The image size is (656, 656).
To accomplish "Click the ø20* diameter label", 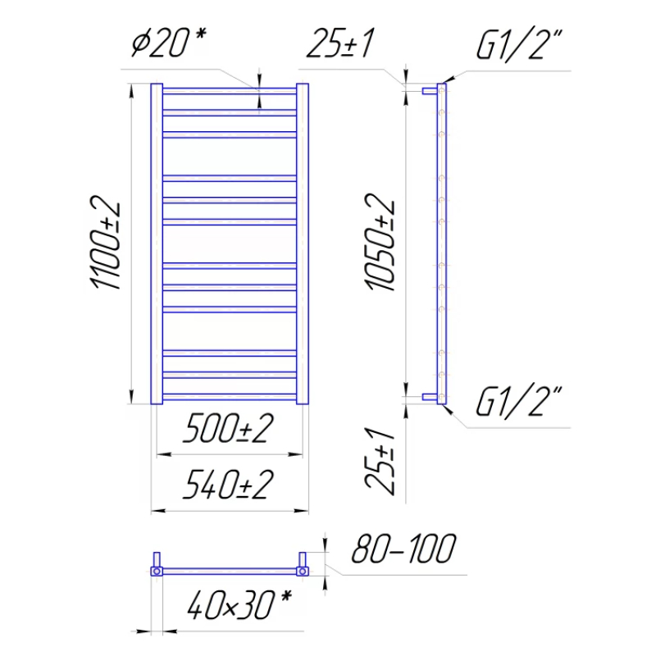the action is pos(169,42).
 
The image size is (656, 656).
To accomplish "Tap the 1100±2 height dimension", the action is pos(106,242).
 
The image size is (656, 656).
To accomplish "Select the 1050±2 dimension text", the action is pos(380,242).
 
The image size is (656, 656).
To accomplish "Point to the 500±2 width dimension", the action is pos(229,427).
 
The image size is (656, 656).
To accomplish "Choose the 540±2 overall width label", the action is pos(229,484).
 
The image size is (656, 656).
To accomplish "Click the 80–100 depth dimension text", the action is pos(403,548).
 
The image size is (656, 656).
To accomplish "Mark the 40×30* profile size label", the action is pos(239,604).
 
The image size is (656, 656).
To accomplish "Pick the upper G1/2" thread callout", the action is pos(519,45).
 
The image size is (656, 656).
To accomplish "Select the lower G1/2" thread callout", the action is pos(519,402).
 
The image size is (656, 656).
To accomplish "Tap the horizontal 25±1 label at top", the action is pos(340,43).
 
